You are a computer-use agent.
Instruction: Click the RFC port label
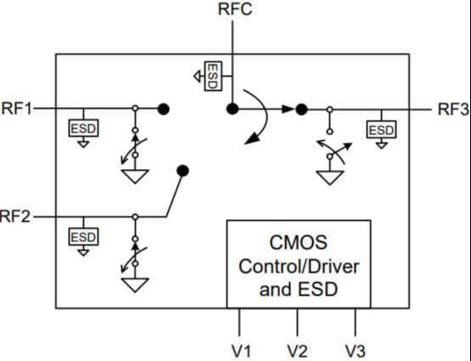[x=235, y=8]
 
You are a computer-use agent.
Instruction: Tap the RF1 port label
[x=16, y=109]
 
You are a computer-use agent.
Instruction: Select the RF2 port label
[x=15, y=217]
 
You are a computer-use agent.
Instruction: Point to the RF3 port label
[x=453, y=109]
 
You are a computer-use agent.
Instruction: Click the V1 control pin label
[x=241, y=351]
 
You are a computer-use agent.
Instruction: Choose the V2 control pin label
[x=297, y=351]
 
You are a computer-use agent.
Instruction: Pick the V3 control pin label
[x=356, y=351]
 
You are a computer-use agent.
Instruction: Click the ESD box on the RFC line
[x=213, y=76]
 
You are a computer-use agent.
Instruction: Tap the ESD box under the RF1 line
[x=83, y=128]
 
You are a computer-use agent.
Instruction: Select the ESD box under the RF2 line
[x=83, y=237]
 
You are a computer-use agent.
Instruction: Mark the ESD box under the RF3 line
[x=382, y=130]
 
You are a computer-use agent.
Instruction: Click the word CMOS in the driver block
[x=298, y=242]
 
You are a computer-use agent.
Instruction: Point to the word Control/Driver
[x=299, y=266]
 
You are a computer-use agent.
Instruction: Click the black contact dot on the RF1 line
[x=164, y=109]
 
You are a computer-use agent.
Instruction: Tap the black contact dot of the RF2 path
[x=182, y=171]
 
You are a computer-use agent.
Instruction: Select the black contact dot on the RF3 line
[x=301, y=110]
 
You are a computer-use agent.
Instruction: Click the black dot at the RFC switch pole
[x=233, y=109]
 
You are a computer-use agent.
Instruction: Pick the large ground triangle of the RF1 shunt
[x=135, y=177]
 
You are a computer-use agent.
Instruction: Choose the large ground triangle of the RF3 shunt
[x=330, y=178]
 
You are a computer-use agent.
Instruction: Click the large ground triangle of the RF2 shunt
[x=135, y=285]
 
